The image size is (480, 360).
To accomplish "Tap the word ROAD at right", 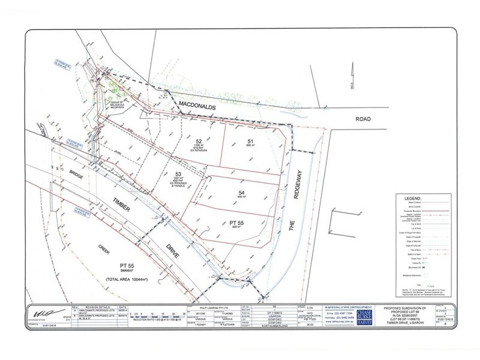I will coord(362,119).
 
